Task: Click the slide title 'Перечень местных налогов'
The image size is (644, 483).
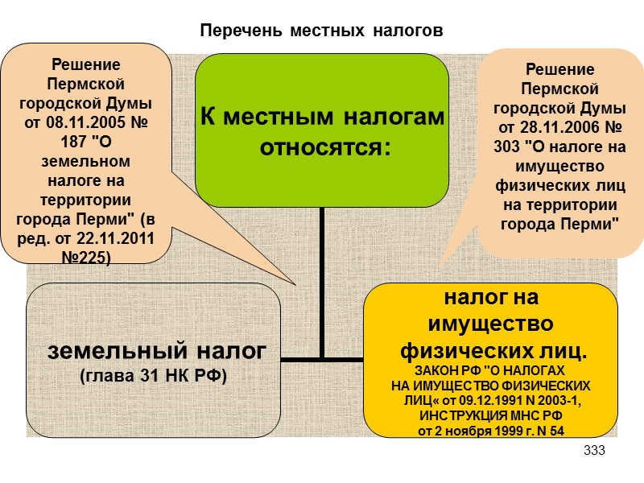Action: [322, 31]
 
